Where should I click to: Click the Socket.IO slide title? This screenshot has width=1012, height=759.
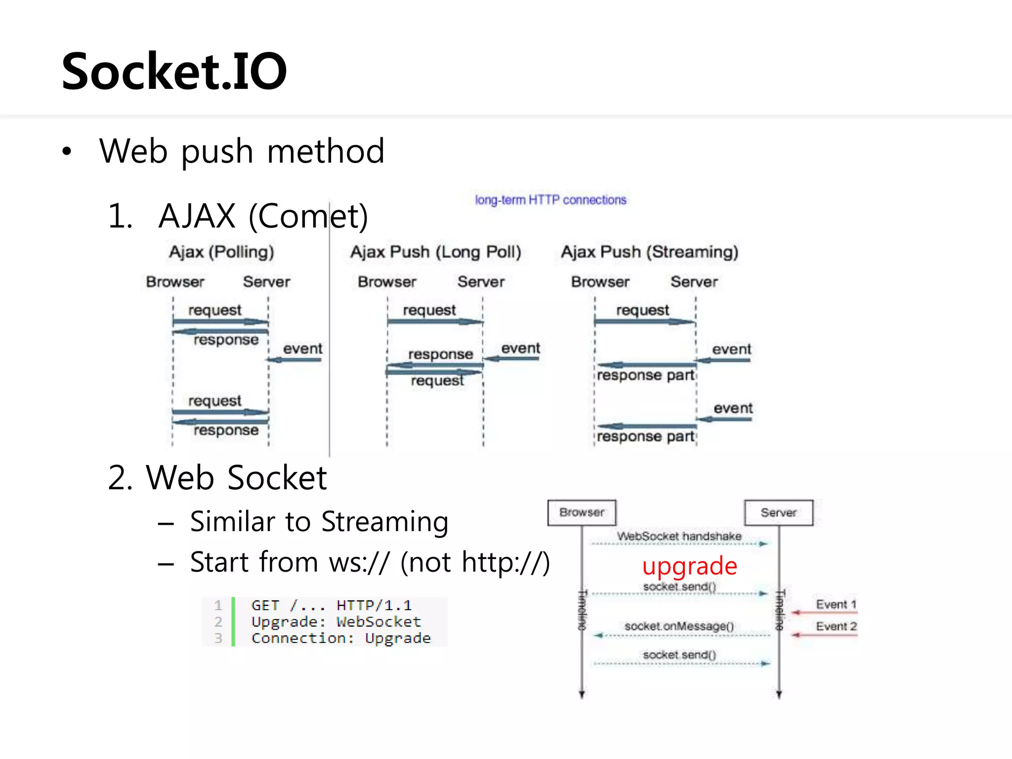click(174, 72)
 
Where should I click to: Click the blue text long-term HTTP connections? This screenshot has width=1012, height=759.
click(550, 200)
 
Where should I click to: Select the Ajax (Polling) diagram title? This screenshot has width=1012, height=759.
click(221, 252)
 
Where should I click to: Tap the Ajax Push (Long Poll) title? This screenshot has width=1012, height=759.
click(436, 252)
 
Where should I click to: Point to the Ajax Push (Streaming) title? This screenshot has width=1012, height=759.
click(649, 252)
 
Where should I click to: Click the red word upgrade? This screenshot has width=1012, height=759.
click(690, 566)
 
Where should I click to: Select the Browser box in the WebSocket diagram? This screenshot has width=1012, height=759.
click(582, 512)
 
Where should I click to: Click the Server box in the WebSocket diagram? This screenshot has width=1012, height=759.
click(778, 512)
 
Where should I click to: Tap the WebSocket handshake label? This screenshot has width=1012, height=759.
click(679, 536)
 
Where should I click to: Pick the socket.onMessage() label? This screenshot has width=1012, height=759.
click(679, 626)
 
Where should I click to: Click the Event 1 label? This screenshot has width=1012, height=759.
click(836, 604)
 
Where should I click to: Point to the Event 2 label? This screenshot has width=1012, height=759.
click(836, 626)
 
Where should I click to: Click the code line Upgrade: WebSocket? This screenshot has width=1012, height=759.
click(336, 622)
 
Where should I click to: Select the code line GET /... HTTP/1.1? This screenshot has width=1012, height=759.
click(331, 605)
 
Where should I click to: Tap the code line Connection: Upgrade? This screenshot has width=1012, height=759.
click(341, 638)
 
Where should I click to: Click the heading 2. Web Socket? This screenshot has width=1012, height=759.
click(217, 478)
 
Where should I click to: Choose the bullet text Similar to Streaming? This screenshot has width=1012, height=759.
click(319, 522)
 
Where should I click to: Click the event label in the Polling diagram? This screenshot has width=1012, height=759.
click(302, 349)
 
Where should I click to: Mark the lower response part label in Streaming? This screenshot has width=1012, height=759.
click(645, 437)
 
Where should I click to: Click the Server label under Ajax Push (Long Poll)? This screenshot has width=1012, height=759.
click(481, 282)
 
